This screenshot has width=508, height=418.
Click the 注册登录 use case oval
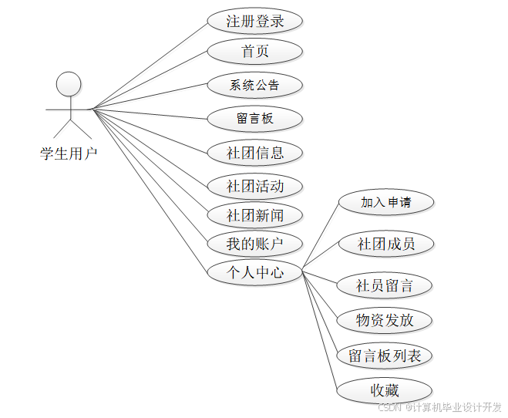point(254,21)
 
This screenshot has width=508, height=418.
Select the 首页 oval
point(254,52)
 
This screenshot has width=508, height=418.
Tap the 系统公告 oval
point(254,85)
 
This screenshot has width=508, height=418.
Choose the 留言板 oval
point(254,119)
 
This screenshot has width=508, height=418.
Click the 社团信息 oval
point(254,153)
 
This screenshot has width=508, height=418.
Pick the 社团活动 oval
point(254,186)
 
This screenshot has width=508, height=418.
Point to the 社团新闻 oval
point(254,215)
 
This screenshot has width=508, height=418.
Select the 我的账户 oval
point(254,244)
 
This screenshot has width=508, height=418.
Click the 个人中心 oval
point(254,271)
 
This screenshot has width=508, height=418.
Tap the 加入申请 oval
point(385,203)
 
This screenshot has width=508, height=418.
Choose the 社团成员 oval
point(385,244)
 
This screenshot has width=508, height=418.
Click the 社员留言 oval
point(384,285)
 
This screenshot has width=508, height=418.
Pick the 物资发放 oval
point(384,320)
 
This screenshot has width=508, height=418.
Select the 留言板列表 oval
point(384,356)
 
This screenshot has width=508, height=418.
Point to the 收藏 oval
point(384,389)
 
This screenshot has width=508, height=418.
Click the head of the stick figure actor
point(69,83)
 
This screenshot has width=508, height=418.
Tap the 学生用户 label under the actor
point(69,153)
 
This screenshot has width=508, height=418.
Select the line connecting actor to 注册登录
point(150,65)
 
